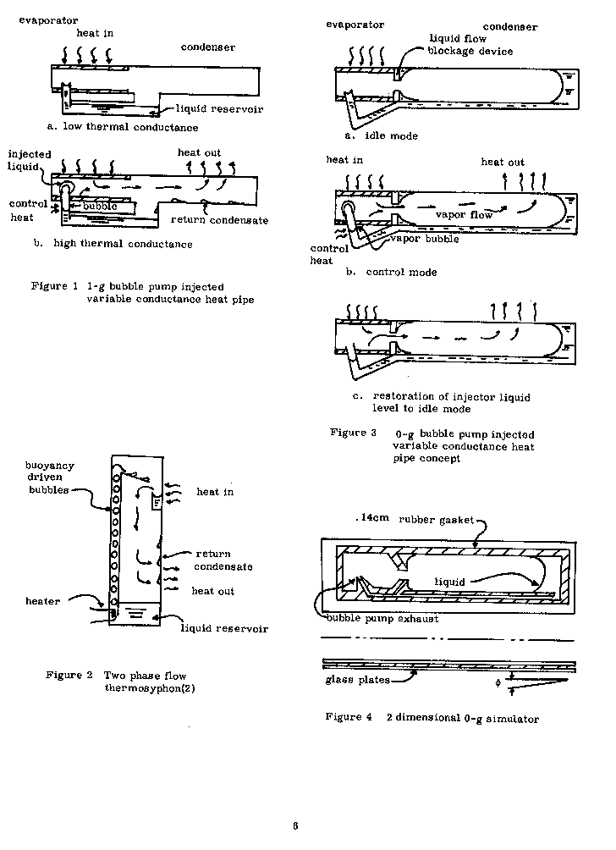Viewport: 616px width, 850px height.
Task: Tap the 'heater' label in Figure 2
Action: (43, 601)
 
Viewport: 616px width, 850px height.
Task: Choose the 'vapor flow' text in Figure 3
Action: (464, 214)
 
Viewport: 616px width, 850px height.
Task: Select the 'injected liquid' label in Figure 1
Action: (30, 160)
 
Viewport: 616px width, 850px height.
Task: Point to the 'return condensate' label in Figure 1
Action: (218, 220)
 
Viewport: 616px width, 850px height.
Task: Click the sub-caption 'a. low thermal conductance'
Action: (123, 127)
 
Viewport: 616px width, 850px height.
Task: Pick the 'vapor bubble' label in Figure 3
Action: (426, 238)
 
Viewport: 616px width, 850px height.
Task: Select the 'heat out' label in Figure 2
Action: (213, 591)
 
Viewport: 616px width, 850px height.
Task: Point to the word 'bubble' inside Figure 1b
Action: (99, 206)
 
